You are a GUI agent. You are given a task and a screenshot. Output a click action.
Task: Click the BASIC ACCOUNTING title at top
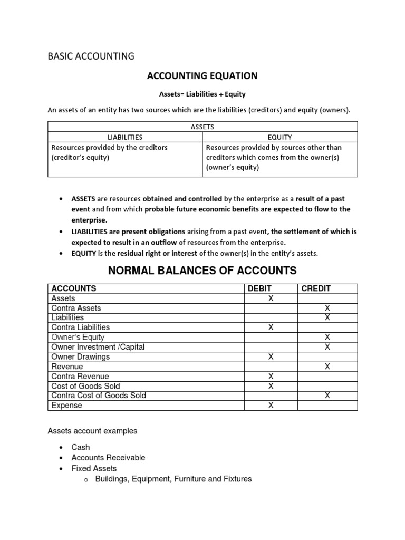91,56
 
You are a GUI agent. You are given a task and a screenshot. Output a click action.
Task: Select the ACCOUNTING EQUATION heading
202,76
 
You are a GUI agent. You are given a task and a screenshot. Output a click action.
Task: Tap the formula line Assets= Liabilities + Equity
202,94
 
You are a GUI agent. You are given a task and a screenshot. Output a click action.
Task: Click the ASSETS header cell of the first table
202,127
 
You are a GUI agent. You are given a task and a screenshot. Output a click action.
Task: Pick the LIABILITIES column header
125,137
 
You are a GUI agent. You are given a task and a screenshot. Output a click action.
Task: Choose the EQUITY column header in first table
280,137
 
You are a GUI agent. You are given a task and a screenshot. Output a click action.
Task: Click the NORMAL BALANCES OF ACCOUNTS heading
202,271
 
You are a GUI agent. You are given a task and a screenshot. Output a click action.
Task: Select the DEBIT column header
258,288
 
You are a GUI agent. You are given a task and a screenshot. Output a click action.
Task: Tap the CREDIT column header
315,288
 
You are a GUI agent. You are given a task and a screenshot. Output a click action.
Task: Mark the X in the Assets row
271,298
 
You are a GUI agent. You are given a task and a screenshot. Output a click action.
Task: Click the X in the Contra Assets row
327,308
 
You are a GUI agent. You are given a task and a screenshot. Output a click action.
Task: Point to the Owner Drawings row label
80,357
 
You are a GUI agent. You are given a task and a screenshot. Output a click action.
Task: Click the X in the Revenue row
327,367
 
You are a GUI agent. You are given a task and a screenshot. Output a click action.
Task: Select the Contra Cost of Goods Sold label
99,396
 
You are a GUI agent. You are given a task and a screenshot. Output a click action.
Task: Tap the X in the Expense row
271,406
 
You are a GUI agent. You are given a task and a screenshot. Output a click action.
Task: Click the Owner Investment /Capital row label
98,347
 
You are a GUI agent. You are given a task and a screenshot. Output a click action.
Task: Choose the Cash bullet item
81,447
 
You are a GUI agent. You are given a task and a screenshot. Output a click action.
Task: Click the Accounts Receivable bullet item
108,458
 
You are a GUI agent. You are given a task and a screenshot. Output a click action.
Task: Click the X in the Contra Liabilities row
271,327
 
